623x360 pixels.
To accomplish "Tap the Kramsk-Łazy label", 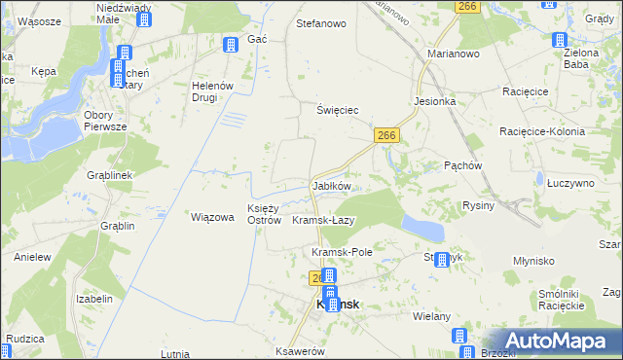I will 323,221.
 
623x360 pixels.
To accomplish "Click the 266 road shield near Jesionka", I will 386,136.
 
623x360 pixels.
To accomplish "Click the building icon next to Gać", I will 231,45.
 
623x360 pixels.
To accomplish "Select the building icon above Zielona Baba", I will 560,41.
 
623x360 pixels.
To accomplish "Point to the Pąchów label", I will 463,165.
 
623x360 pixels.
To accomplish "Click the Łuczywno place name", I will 570,182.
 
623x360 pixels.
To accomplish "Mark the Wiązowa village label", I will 212,217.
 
